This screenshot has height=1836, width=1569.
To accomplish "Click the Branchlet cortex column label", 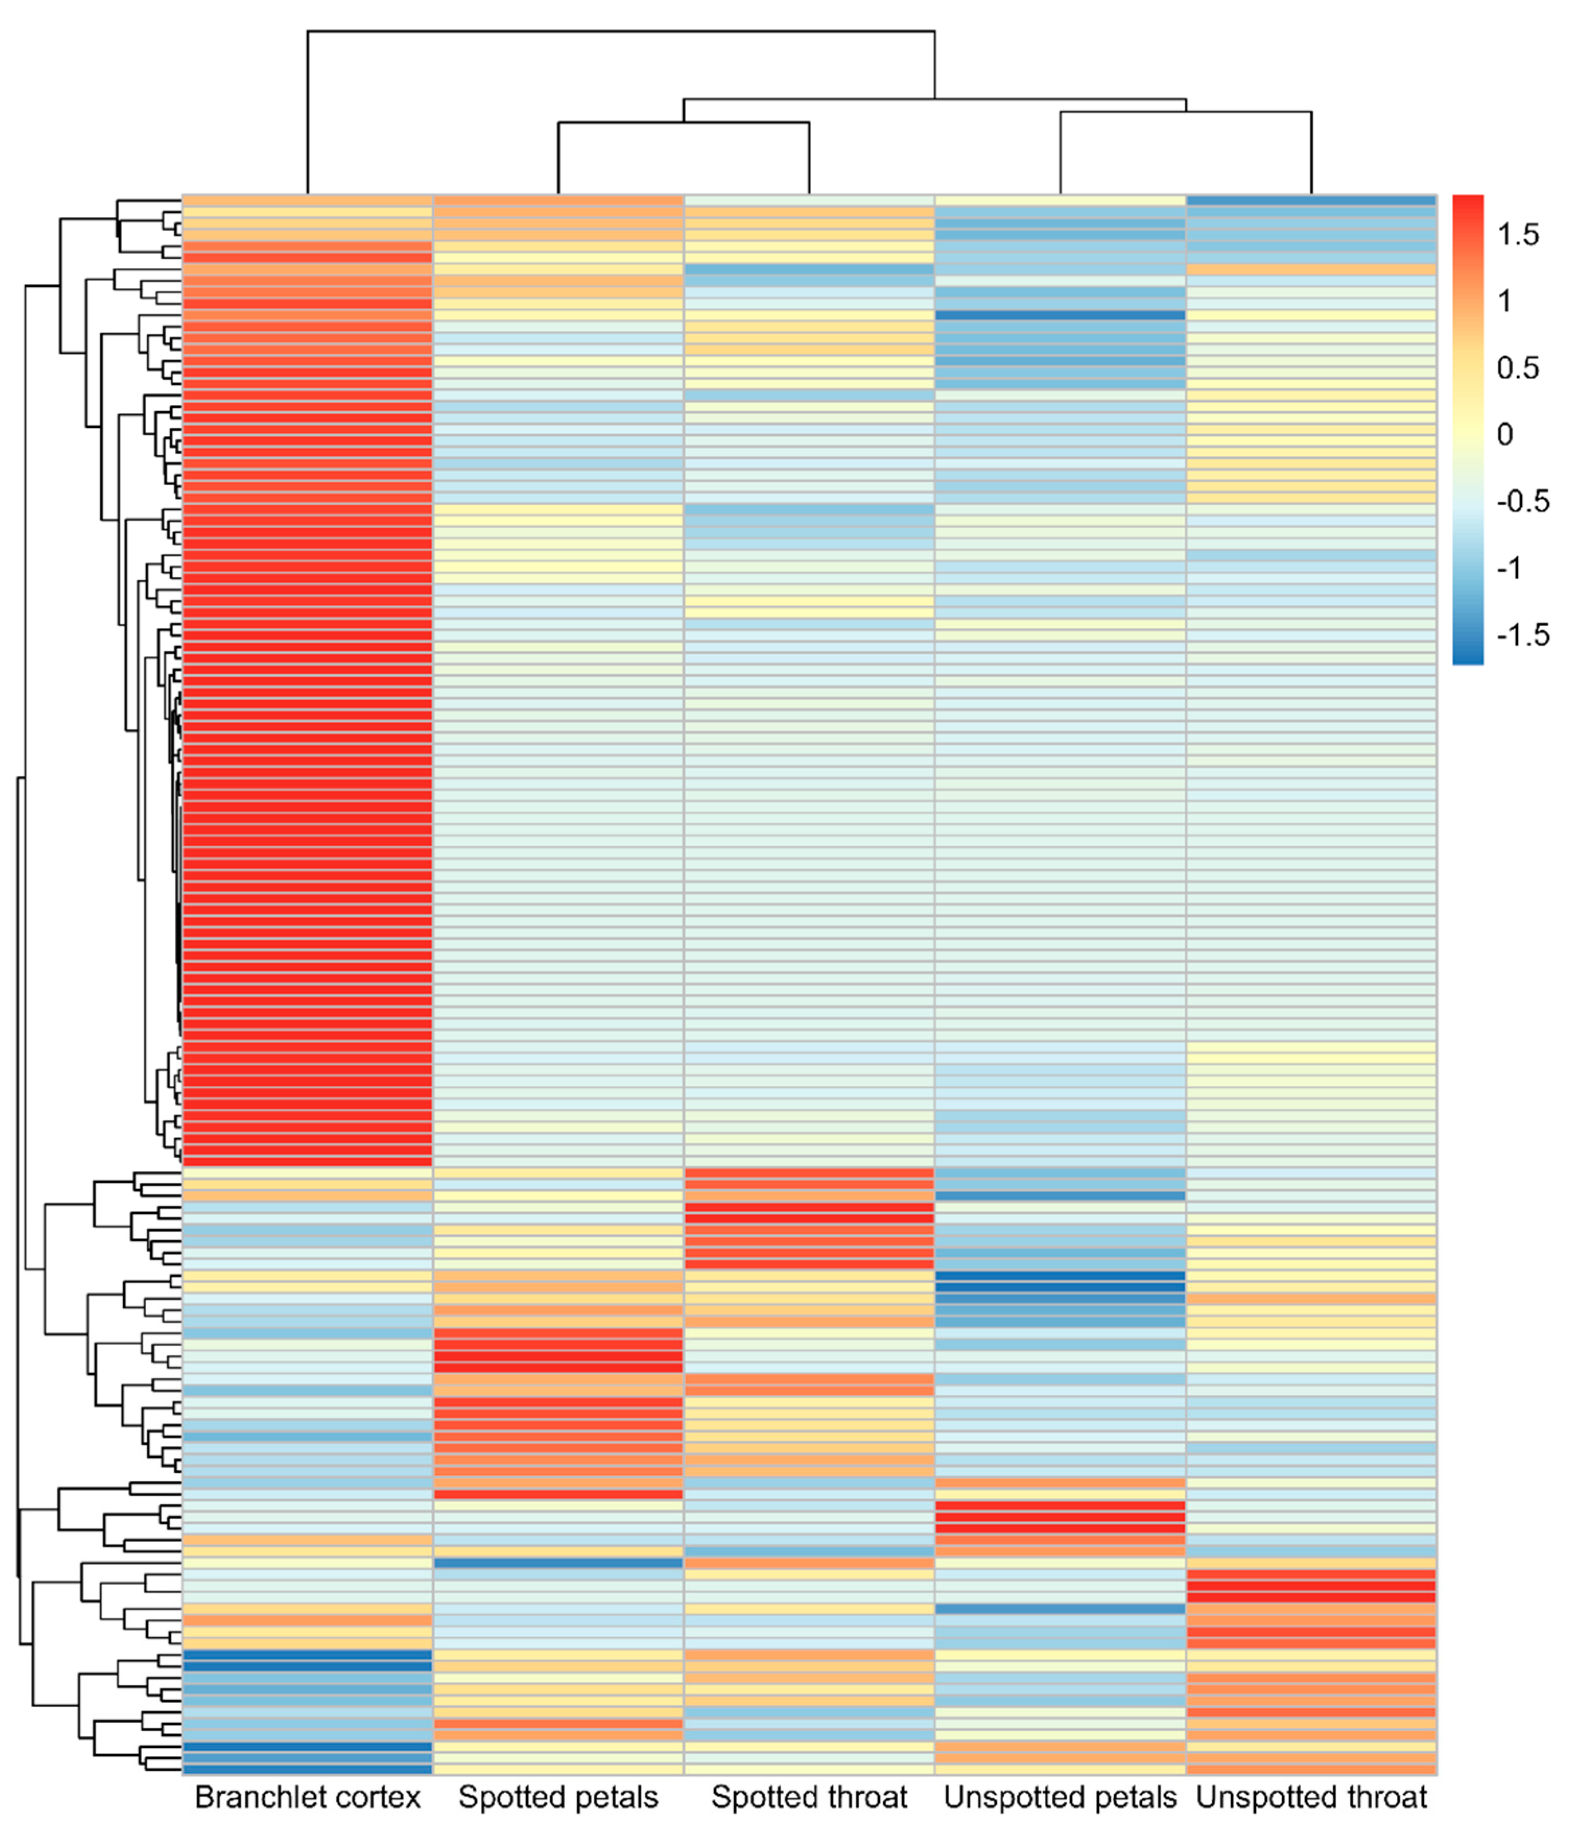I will [307, 1797].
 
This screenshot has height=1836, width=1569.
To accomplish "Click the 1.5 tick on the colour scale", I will [1517, 235].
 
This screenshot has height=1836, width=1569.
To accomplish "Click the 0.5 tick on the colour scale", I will [1517, 368].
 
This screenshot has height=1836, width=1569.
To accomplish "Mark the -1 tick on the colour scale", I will [1509, 568].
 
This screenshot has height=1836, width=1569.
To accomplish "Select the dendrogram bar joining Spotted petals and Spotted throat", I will [683, 122].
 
